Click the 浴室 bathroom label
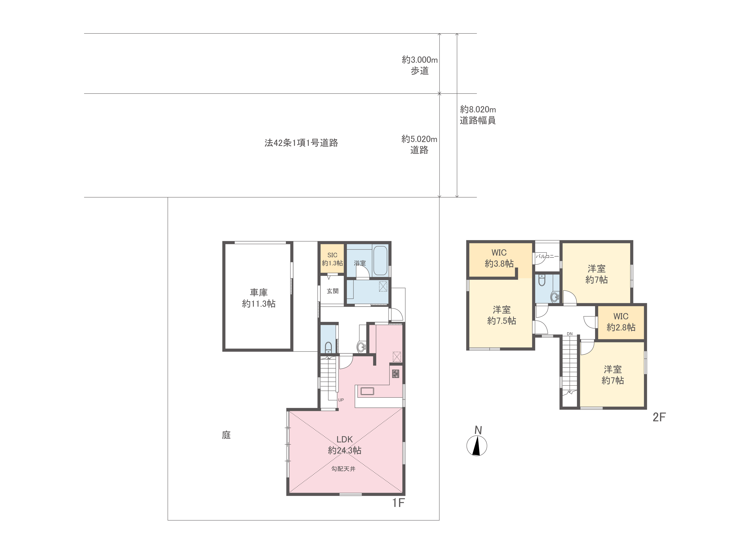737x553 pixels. pyautogui.click(x=360, y=263)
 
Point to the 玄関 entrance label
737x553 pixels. pyautogui.click(x=332, y=291)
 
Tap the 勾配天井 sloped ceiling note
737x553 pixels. pyautogui.click(x=344, y=469)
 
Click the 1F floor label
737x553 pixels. pyautogui.click(x=398, y=503)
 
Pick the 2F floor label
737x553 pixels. pyautogui.click(x=659, y=417)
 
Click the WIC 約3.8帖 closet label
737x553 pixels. pyautogui.click(x=499, y=258)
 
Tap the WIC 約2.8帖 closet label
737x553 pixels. pyautogui.click(x=621, y=322)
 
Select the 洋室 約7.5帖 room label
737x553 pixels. pyautogui.click(x=502, y=315)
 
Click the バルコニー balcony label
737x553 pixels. pyautogui.click(x=547, y=256)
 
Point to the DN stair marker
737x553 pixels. pyautogui.click(x=570, y=334)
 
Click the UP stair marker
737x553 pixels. pyautogui.click(x=341, y=400)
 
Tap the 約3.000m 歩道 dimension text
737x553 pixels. pyautogui.click(x=420, y=65)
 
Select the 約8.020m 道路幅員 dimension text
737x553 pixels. pyautogui.click(x=478, y=115)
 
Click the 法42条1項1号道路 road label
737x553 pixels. pyautogui.click(x=301, y=143)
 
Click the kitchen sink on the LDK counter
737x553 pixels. pyautogui.click(x=367, y=391)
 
